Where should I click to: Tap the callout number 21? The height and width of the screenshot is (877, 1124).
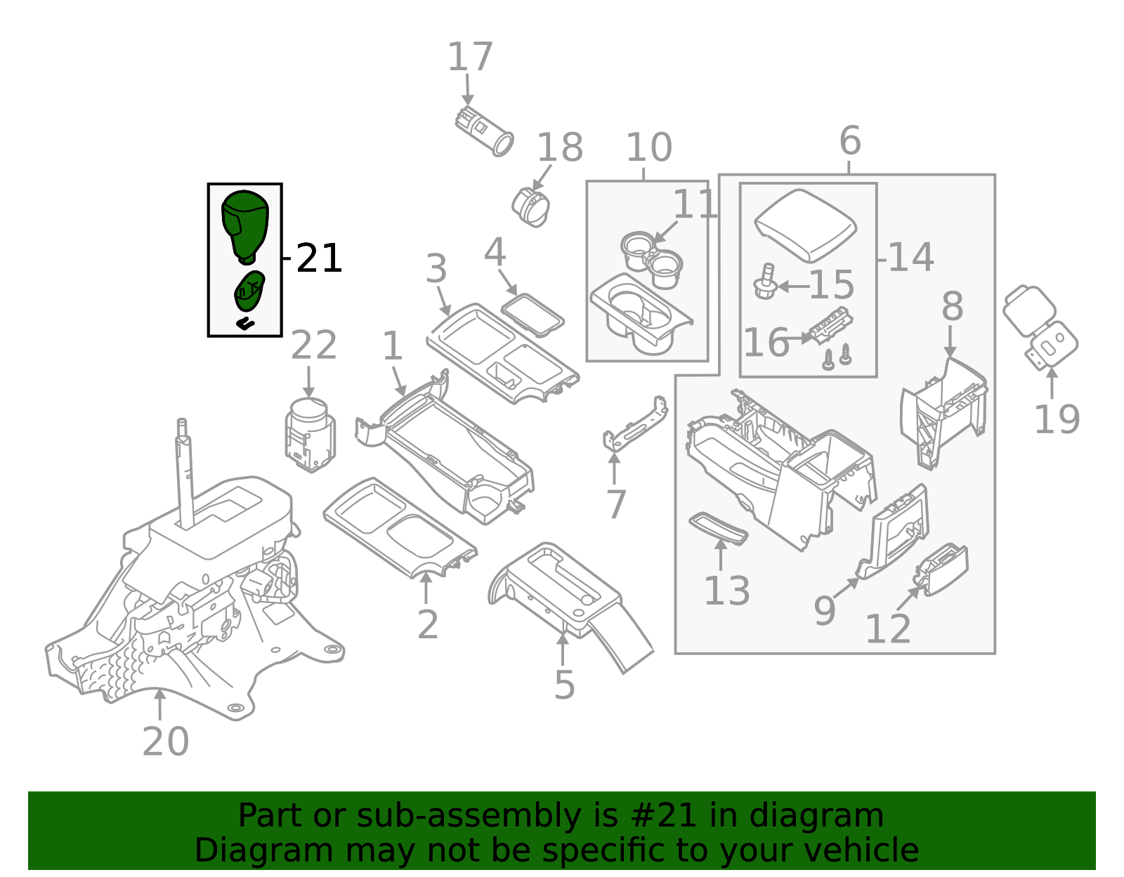pos(319,258)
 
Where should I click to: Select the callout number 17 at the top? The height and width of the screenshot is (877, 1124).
pos(470,58)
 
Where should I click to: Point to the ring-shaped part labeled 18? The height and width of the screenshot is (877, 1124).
pos(531,206)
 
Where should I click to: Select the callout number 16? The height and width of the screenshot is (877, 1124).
pos(766,343)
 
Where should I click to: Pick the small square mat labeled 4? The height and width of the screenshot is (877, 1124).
pos(532,314)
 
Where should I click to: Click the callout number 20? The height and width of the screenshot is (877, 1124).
pos(166,741)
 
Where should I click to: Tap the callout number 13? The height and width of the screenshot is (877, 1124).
pos(726,591)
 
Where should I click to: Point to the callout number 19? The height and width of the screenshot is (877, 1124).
pos(1056,420)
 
